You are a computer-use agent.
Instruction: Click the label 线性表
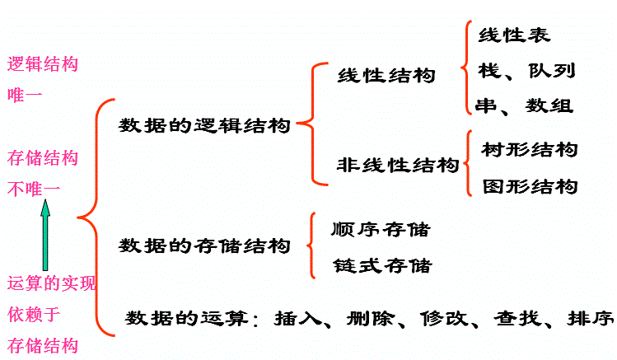pyautogui.click(x=514, y=35)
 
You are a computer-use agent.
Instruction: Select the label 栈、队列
pyautogui.click(x=526, y=70)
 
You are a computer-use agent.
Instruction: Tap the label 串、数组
pyautogui.click(x=525, y=105)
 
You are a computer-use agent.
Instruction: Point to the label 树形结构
pyautogui.click(x=530, y=150)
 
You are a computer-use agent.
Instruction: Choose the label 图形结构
pyautogui.click(x=530, y=186)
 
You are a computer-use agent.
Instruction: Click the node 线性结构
pyautogui.click(x=386, y=76)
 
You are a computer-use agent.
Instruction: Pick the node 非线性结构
pyautogui.click(x=398, y=165)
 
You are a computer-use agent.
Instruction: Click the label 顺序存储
pyautogui.click(x=381, y=229)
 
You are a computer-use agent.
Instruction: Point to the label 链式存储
pyautogui.click(x=381, y=265)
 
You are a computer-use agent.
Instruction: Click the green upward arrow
pyautogui.click(x=46, y=239)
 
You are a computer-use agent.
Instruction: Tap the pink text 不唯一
pyautogui.click(x=34, y=189)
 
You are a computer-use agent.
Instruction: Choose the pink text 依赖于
pyautogui.click(x=34, y=314)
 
